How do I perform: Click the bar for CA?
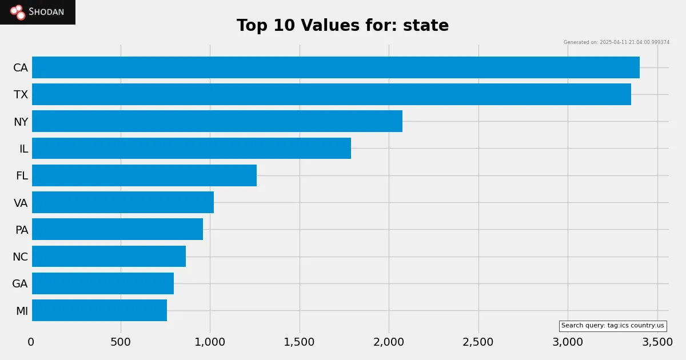point(336,67)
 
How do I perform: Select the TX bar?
point(332,94)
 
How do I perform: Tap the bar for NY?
point(217,121)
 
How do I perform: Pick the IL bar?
point(192,149)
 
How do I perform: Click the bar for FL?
point(144,175)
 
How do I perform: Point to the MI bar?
point(99,310)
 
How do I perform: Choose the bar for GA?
point(103,283)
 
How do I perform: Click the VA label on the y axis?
point(21,203)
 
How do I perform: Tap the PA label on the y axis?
point(21,230)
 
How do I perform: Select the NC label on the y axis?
point(20,257)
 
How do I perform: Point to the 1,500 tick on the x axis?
point(299,342)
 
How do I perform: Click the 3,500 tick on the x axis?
point(657,342)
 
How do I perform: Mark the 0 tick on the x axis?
point(31,342)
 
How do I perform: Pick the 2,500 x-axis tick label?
point(478,342)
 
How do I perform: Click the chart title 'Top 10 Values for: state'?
point(342,26)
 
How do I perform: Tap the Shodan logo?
point(38,12)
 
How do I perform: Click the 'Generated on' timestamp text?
point(616,42)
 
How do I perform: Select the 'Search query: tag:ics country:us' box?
point(612,326)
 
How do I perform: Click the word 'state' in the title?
point(425,26)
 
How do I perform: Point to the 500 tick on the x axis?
point(121,342)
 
